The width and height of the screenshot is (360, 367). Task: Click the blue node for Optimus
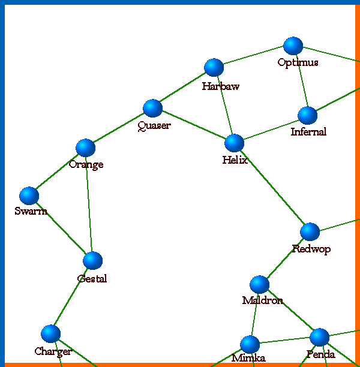click(293, 46)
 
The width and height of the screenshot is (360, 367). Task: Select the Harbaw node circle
click(214, 68)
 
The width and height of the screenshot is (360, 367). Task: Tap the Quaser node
click(153, 109)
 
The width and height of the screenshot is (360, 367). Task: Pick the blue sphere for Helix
click(234, 143)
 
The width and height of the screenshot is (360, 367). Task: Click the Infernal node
click(307, 115)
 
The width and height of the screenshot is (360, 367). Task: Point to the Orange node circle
click(86, 148)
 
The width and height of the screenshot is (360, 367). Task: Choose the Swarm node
click(29, 195)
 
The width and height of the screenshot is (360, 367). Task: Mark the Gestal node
click(92, 260)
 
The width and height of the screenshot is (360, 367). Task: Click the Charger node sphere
click(50, 333)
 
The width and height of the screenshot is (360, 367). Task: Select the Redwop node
click(310, 231)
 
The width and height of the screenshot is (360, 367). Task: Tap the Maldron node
click(259, 284)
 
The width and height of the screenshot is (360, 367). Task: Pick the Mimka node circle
click(250, 344)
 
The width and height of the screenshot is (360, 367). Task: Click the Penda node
click(319, 337)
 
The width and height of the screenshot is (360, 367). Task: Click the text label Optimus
click(298, 62)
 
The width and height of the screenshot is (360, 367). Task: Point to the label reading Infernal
click(308, 132)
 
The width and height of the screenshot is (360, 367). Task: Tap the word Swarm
click(31, 211)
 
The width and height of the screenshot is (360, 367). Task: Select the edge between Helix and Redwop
click(272, 187)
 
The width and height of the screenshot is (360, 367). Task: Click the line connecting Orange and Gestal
click(89, 204)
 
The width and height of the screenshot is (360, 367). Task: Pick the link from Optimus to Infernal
click(300, 80)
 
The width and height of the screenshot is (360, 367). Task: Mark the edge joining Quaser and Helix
click(193, 125)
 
